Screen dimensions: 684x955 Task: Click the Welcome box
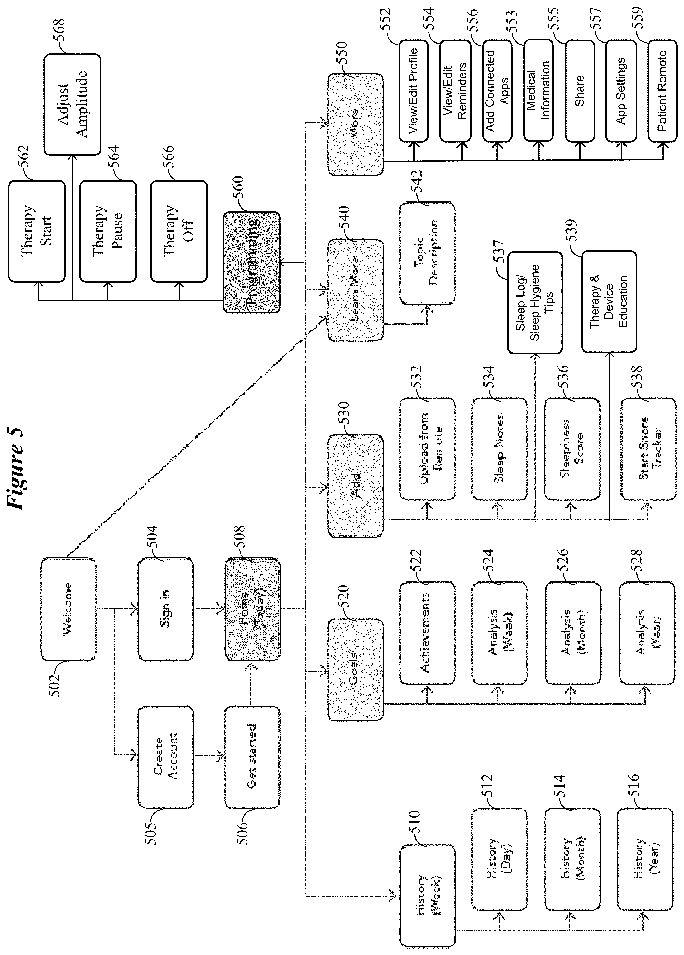pos(68,609)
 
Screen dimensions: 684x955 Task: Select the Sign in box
pos(166,609)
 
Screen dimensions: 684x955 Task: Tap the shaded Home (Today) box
pos(252,609)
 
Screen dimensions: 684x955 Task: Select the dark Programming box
pos(252,262)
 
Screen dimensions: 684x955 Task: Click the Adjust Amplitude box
pos(72,104)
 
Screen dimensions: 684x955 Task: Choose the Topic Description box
pos(427,252)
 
